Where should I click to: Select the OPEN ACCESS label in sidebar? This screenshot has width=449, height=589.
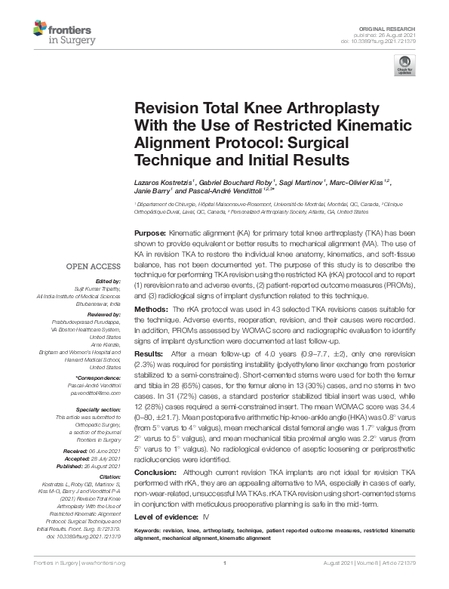click(x=92, y=267)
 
